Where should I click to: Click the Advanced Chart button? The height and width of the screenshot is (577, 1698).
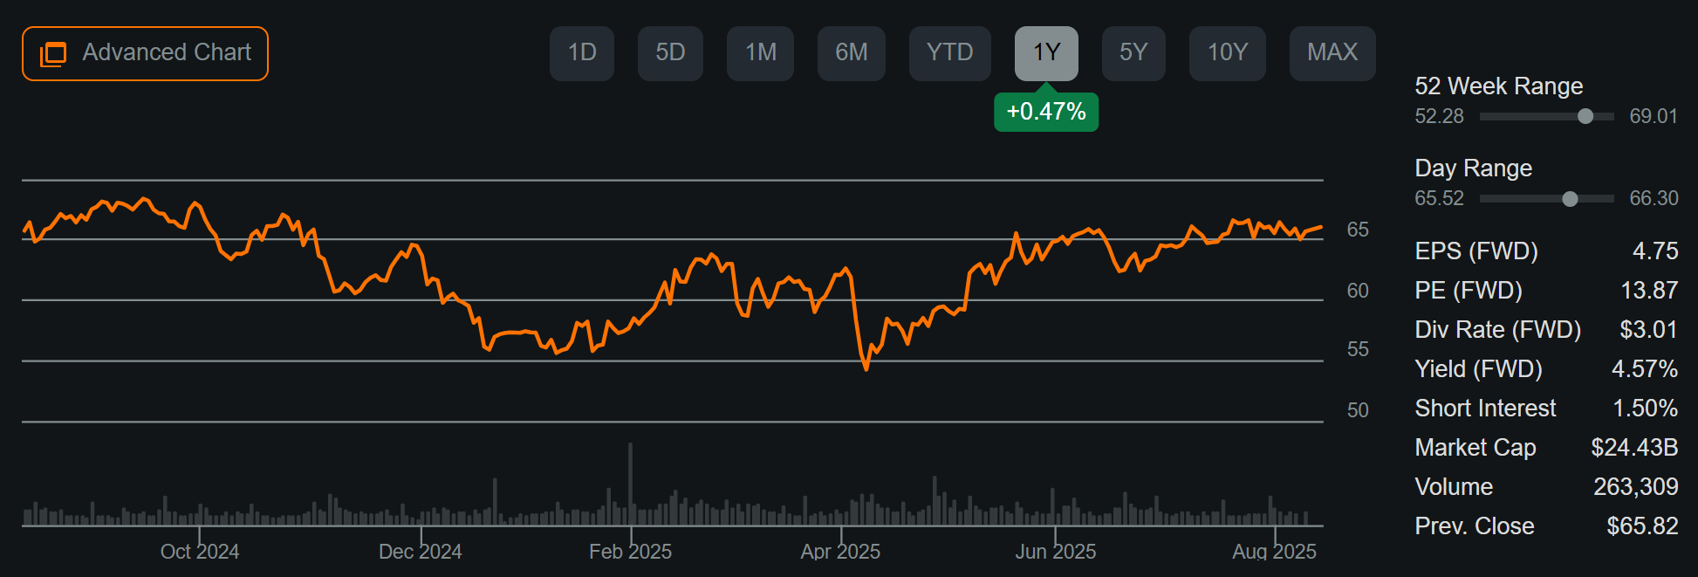(x=145, y=53)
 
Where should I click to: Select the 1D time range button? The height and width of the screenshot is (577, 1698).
(x=582, y=53)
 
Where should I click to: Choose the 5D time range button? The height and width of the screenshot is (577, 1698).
(x=670, y=53)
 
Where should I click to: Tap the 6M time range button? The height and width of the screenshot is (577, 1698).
(x=851, y=53)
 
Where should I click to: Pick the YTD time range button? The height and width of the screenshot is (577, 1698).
(x=949, y=53)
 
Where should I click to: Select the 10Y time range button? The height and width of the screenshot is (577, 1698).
(x=1227, y=53)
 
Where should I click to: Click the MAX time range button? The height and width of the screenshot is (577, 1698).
(x=1332, y=53)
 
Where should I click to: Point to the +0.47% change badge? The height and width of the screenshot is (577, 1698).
(x=1045, y=112)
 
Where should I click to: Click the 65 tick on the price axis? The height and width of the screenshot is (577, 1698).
(x=1358, y=230)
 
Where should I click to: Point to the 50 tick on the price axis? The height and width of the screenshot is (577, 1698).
(x=1358, y=410)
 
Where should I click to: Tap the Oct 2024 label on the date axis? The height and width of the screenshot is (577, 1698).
(x=200, y=552)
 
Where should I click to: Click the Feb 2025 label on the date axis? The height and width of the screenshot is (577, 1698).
(x=630, y=552)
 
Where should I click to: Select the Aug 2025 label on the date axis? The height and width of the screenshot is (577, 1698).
(x=1274, y=552)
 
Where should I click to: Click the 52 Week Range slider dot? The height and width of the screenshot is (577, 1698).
(x=1585, y=116)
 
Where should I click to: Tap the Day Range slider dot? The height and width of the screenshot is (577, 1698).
(x=1570, y=199)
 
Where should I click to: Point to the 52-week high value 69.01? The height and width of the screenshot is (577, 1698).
(x=1653, y=116)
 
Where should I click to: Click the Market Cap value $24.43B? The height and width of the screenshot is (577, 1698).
(x=1634, y=448)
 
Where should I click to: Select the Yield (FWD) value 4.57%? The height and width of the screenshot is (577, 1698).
(x=1644, y=369)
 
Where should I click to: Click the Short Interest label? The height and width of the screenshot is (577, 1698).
(x=1485, y=409)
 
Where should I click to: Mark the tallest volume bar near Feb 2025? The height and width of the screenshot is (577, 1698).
(x=630, y=484)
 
